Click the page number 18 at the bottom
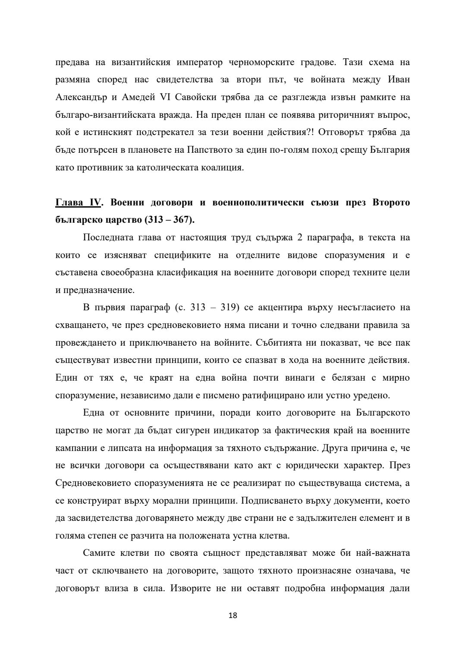tap(233, 615)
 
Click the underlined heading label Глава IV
tap(78, 202)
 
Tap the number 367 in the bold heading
tap(181, 220)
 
